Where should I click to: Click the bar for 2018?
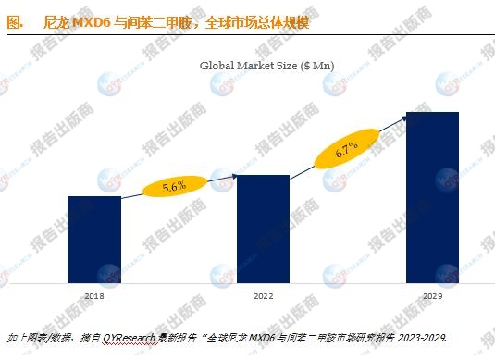point(94,239)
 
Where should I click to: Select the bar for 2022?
point(263,229)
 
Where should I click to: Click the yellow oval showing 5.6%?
point(174,186)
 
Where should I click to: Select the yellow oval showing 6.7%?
point(346,149)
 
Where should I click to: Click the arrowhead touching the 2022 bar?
point(236,177)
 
